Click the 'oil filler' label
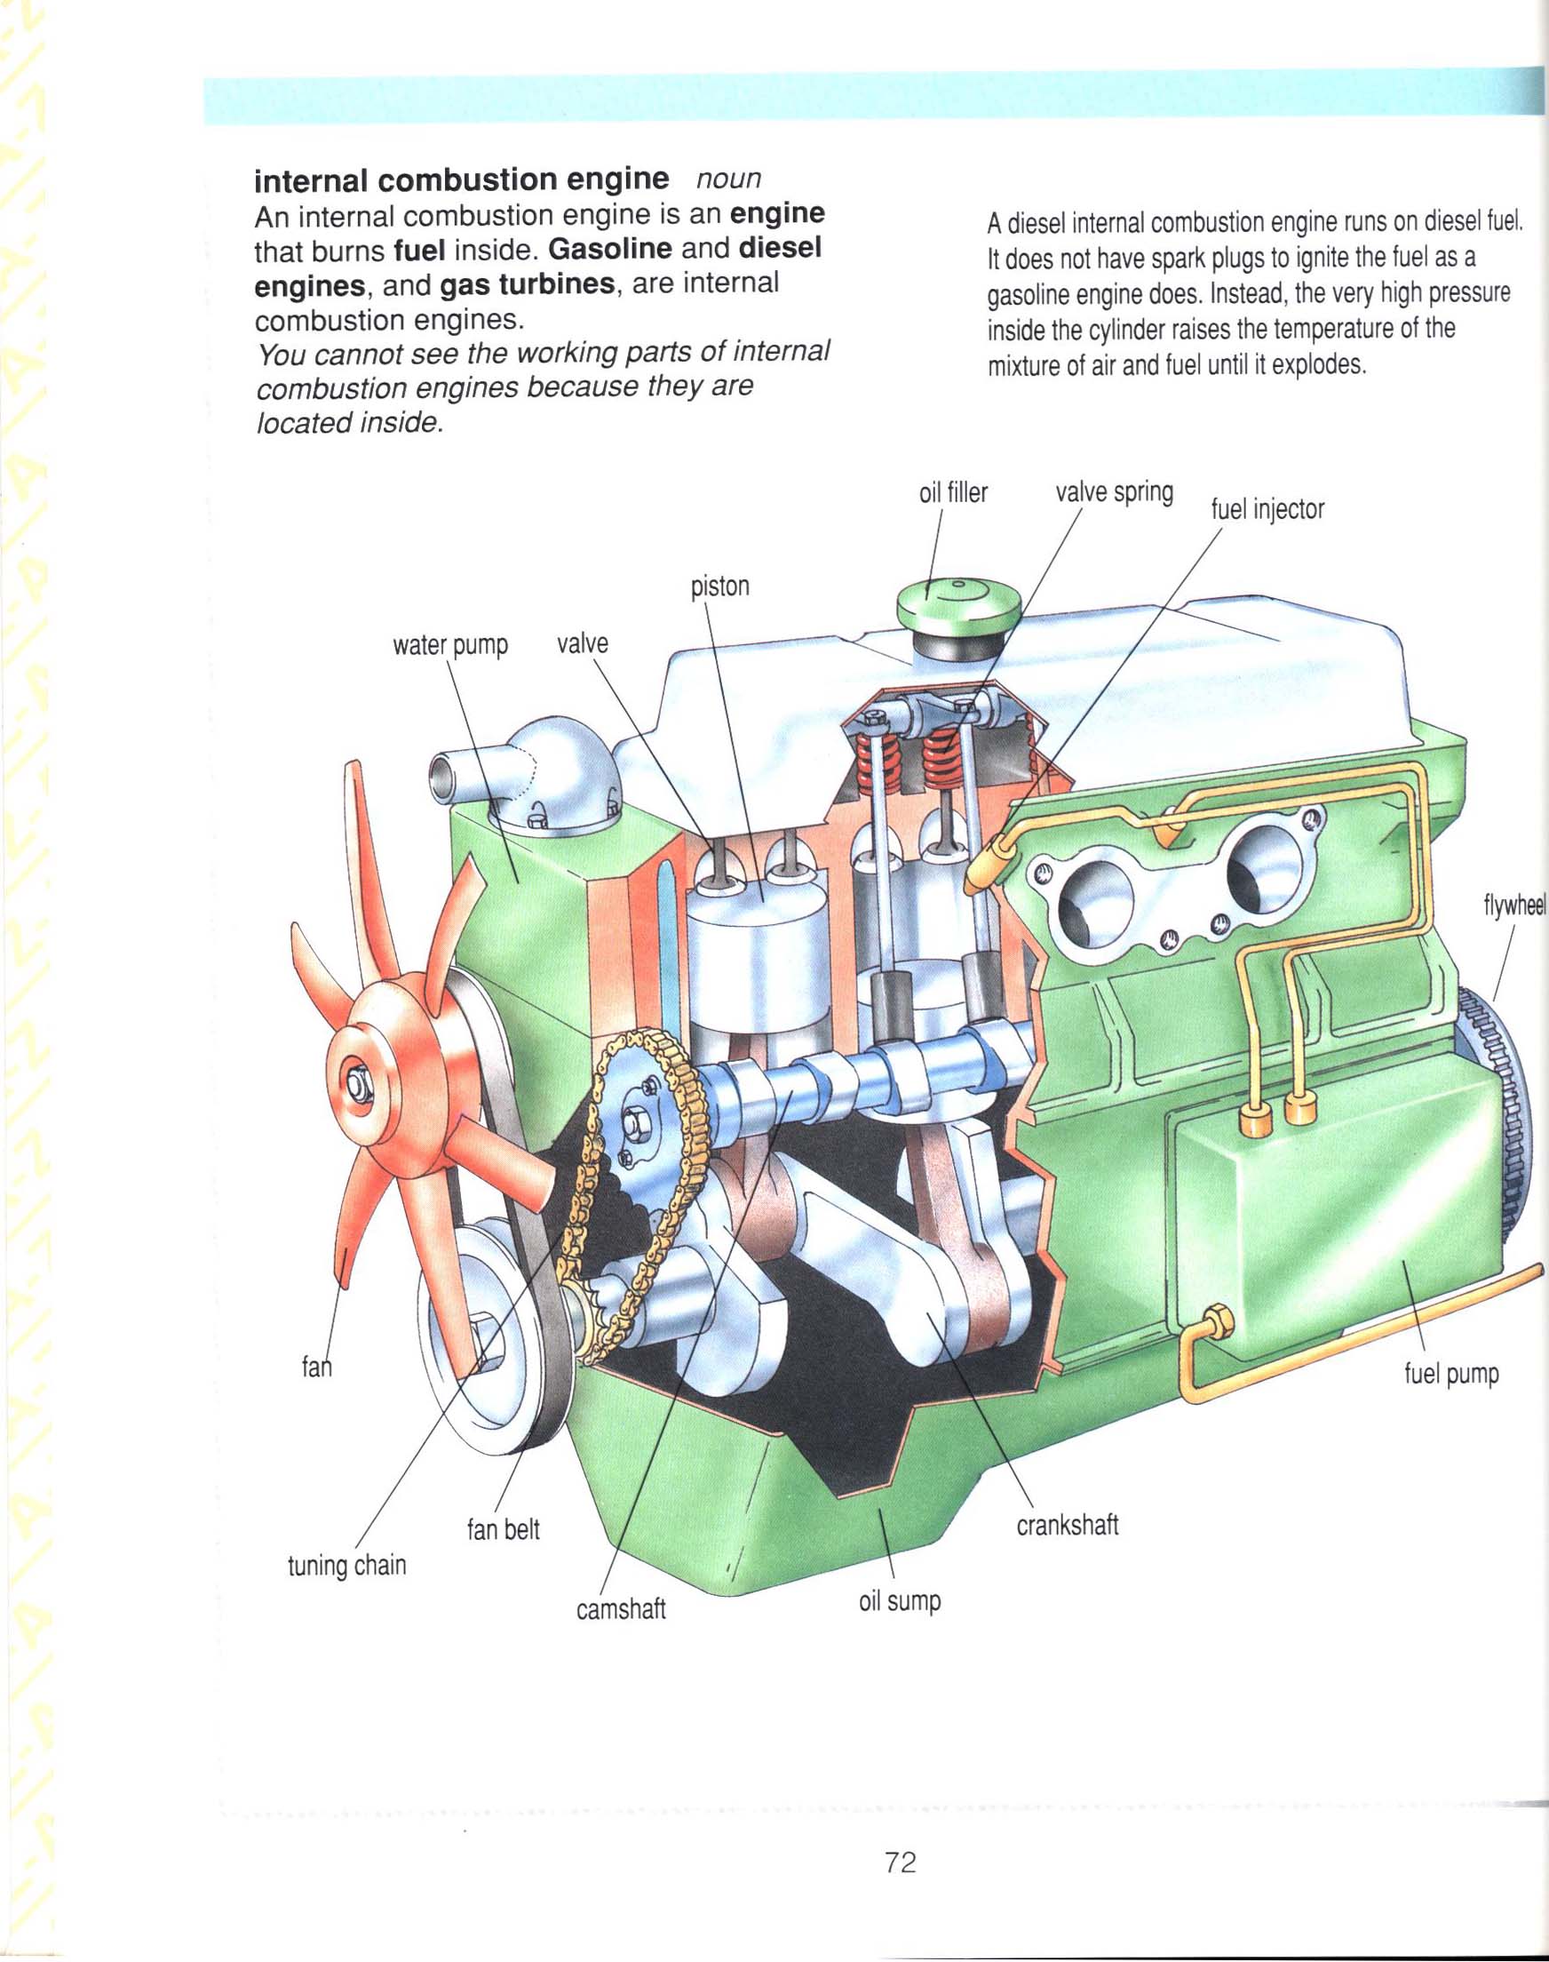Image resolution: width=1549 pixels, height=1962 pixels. click(x=952, y=493)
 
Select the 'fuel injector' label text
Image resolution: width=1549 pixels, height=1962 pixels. click(x=1267, y=510)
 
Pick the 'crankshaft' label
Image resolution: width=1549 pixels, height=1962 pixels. click(x=1068, y=1525)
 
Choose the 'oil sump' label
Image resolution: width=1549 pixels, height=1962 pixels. click(x=900, y=1602)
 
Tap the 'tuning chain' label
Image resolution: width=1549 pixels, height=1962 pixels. click(x=346, y=1566)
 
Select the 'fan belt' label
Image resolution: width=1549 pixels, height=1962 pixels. click(x=504, y=1529)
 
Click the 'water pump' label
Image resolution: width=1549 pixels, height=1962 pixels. click(x=449, y=646)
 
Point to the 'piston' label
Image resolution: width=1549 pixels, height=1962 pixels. click(x=720, y=586)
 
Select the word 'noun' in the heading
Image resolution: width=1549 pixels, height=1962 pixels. click(x=727, y=178)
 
